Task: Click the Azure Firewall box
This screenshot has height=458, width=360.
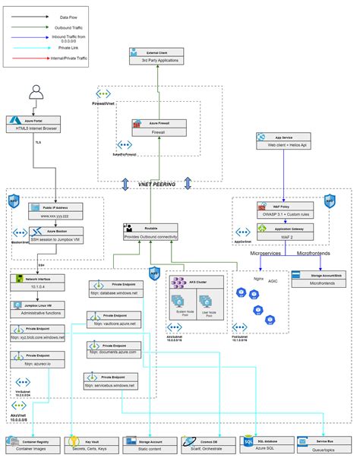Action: pos(158,126)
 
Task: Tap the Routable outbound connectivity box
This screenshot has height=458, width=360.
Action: pos(150,232)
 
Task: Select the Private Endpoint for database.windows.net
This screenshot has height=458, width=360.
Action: pos(112,289)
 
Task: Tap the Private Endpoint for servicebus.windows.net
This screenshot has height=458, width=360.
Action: pos(112,382)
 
